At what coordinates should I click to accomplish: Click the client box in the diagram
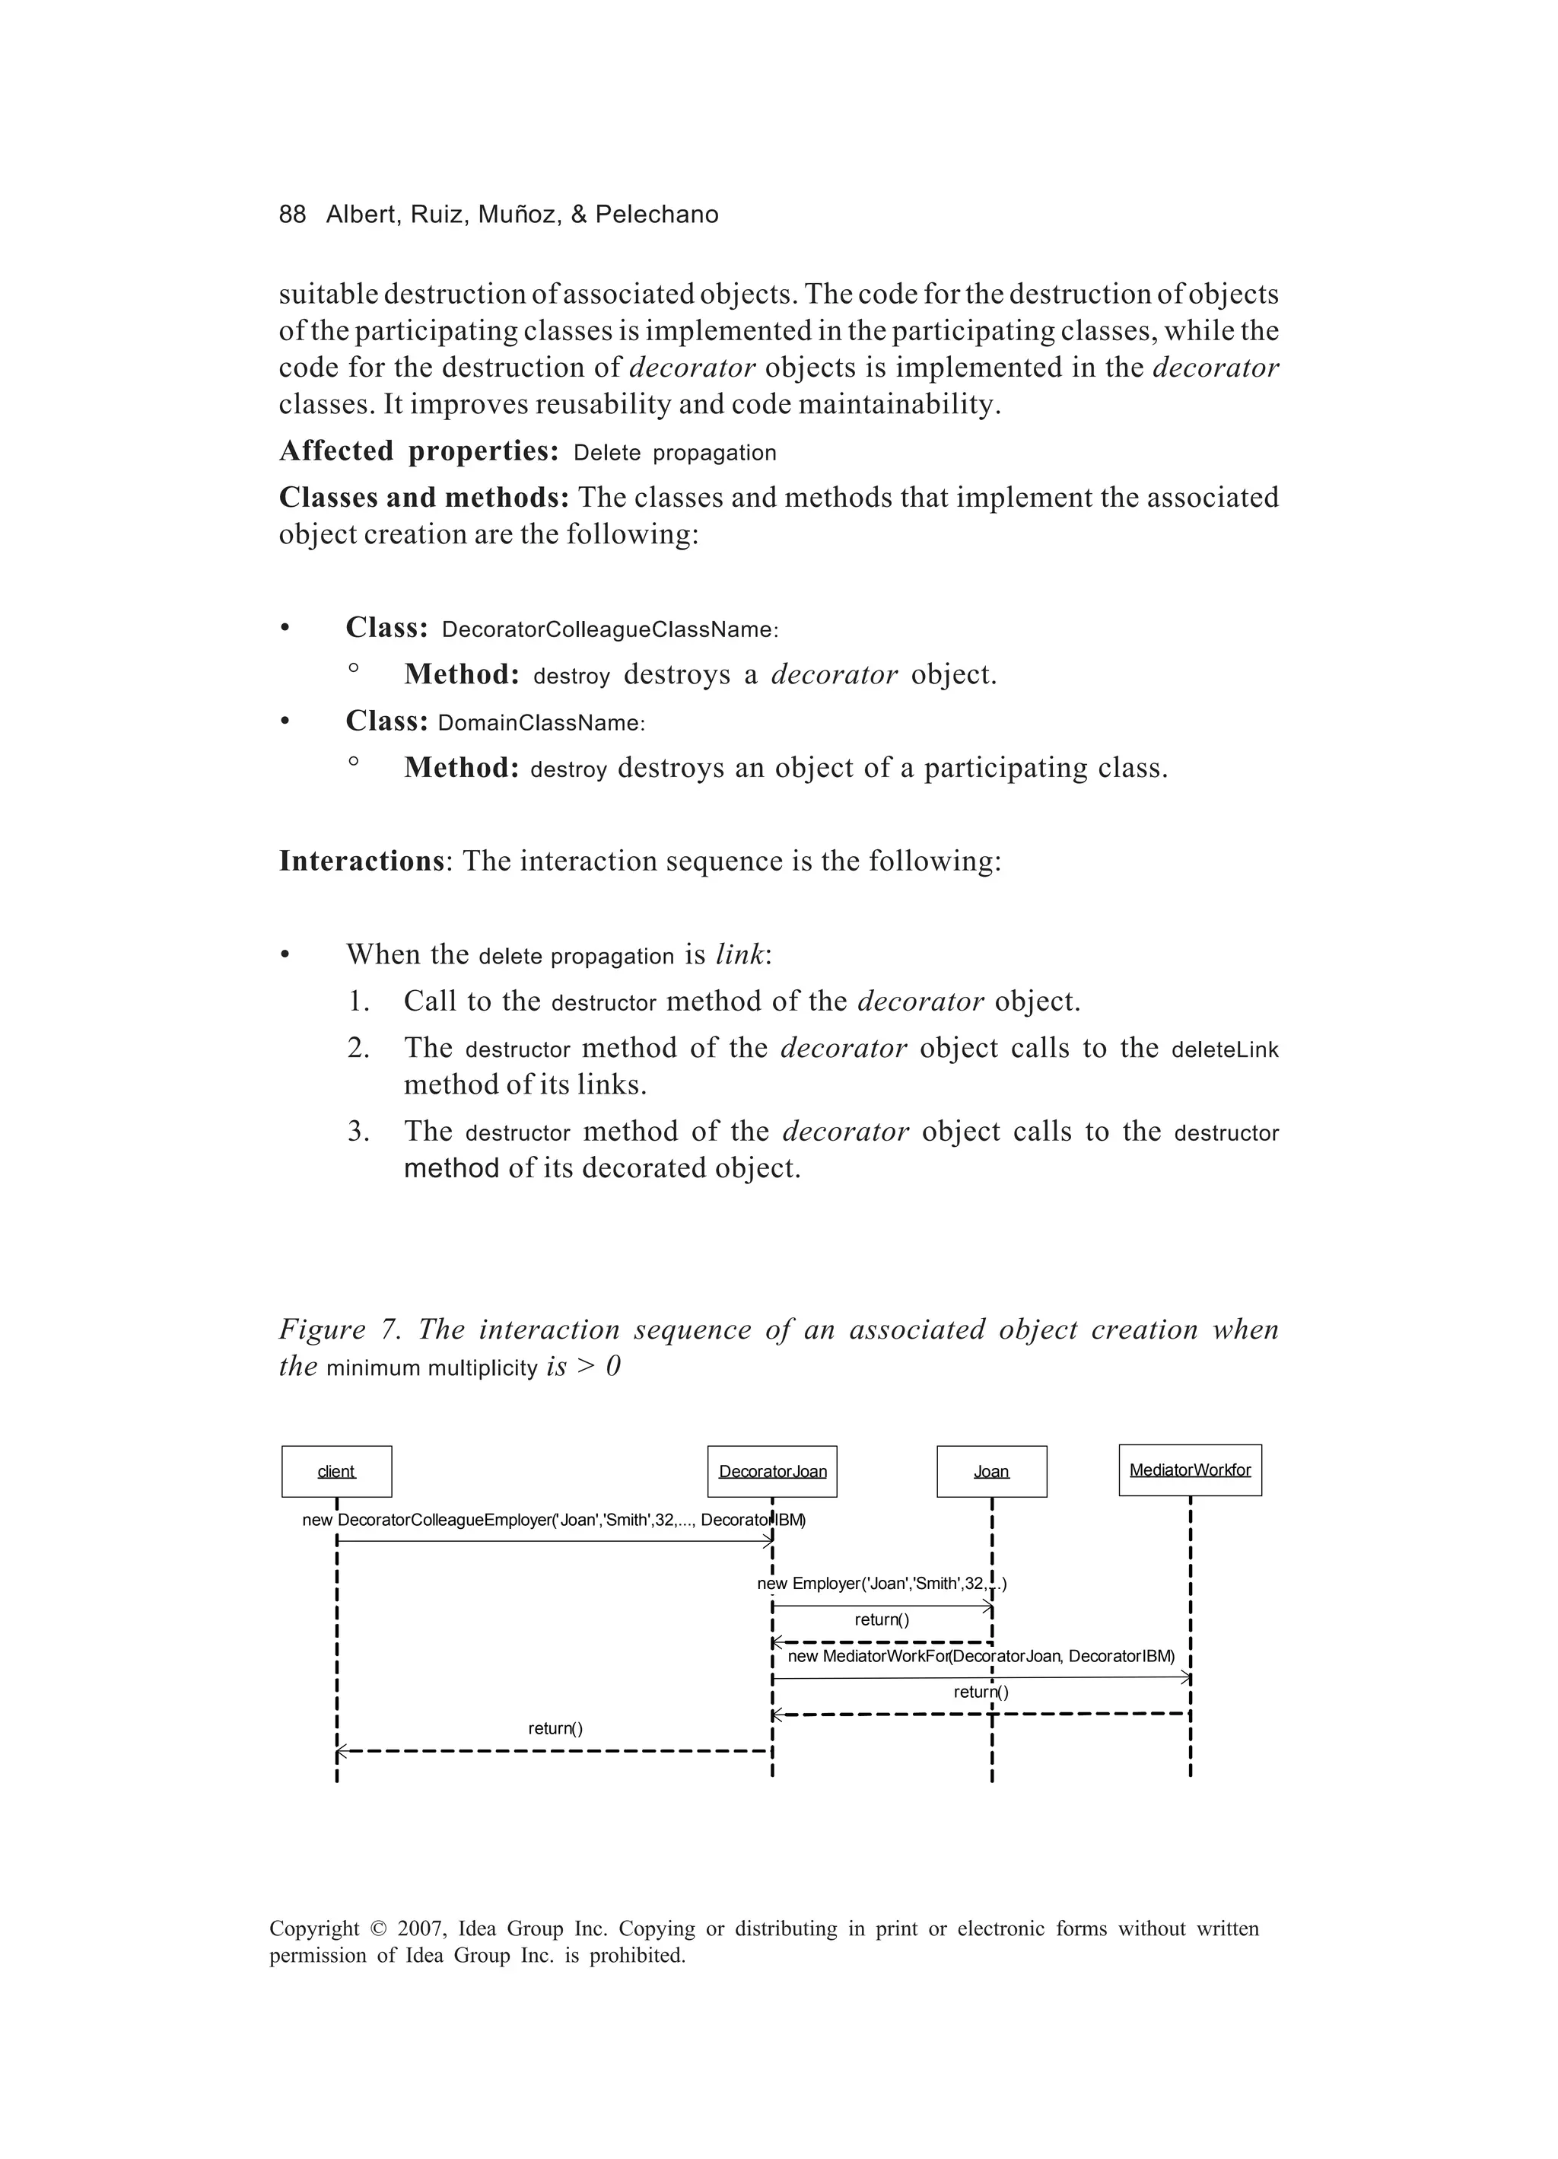coord(336,1472)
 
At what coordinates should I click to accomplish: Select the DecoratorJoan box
coord(772,1472)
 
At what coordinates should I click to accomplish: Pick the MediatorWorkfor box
coord(1190,1471)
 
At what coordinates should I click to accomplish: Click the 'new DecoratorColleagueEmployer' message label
coord(553,1521)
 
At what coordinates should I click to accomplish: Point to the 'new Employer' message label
coord(881,1584)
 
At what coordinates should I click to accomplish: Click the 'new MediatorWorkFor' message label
coord(981,1657)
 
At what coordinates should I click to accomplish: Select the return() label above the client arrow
coord(555,1729)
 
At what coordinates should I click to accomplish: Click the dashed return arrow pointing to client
coord(552,1750)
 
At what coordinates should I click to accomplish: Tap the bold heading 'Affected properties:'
coord(418,451)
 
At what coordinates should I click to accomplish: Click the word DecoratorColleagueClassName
coord(609,630)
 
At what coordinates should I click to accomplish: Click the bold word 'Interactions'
coord(361,861)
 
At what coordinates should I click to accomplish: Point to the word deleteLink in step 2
coord(1224,1050)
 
